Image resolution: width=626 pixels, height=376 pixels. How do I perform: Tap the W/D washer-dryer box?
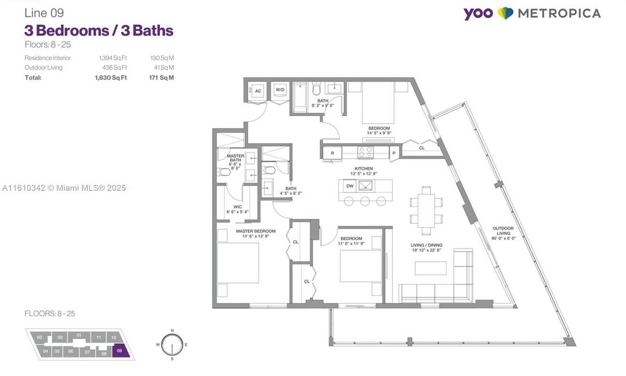tap(280, 90)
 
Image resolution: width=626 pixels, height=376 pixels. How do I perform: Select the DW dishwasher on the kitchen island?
tap(350, 186)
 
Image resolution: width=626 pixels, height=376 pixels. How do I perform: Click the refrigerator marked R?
tap(332, 153)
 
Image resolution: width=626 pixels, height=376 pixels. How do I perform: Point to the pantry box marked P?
tap(394, 153)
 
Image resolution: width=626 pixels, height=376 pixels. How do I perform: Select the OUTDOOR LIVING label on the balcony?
tap(503, 232)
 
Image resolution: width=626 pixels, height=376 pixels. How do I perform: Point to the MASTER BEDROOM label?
tap(255, 231)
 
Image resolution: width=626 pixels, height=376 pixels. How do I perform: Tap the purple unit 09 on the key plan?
tap(119, 351)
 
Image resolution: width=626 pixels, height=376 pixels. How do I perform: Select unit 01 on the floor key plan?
tap(78, 336)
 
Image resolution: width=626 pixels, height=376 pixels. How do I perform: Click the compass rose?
tap(172, 345)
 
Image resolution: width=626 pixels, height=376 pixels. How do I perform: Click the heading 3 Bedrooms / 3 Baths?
tap(99, 30)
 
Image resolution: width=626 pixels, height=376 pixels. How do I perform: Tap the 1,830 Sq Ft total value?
tap(111, 77)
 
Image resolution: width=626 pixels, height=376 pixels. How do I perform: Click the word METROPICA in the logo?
tap(559, 13)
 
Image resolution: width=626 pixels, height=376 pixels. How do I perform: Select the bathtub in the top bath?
tap(300, 98)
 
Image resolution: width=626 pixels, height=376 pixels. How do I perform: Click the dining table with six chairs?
tap(426, 210)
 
